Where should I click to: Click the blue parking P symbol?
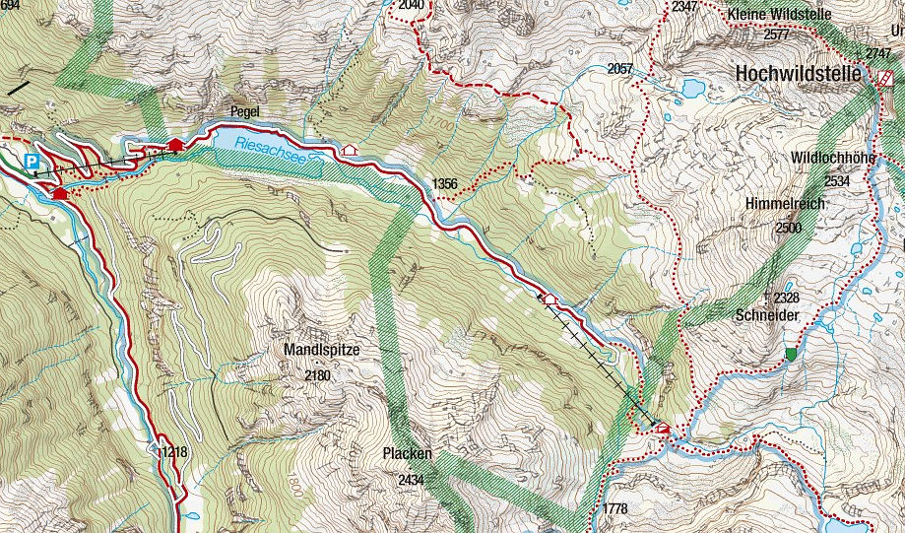point(32,161)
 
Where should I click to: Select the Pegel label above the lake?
point(243,112)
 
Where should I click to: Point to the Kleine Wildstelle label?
point(779,14)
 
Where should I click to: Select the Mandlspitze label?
point(322,350)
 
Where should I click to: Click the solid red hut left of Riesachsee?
point(176,146)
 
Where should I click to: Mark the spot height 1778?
point(614,508)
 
